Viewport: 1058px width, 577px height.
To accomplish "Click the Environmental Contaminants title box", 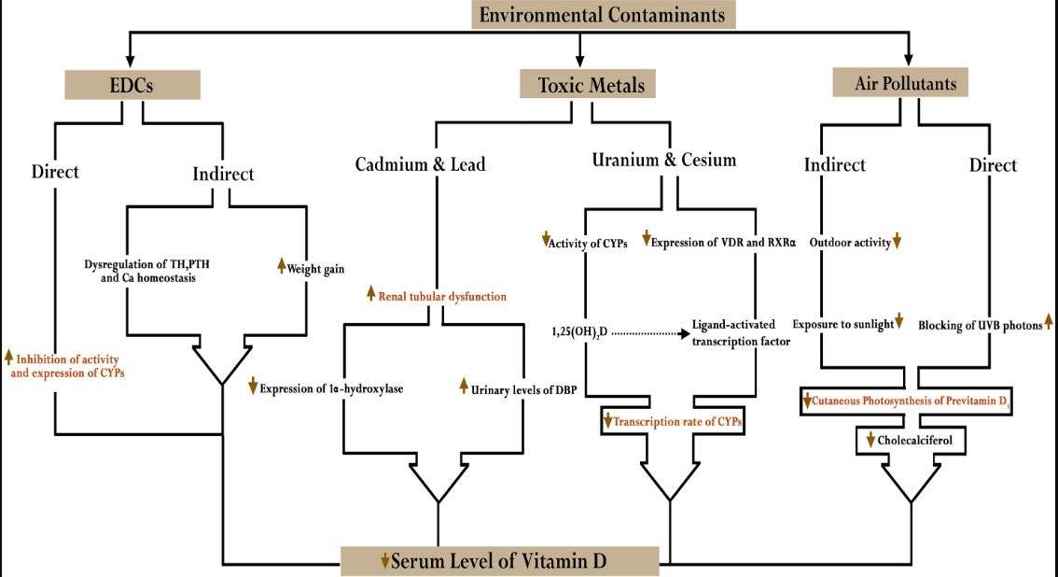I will coord(604,15).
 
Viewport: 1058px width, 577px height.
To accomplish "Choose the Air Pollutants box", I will coord(899,83).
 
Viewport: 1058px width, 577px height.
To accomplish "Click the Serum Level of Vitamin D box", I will coord(501,561).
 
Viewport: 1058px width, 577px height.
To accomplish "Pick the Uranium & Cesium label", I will coord(663,160).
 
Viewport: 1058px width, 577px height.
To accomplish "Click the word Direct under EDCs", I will coord(55,172).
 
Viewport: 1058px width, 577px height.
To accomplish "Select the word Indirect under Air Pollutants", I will coord(835,165).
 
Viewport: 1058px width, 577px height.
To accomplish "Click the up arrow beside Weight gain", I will coord(281,268).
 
